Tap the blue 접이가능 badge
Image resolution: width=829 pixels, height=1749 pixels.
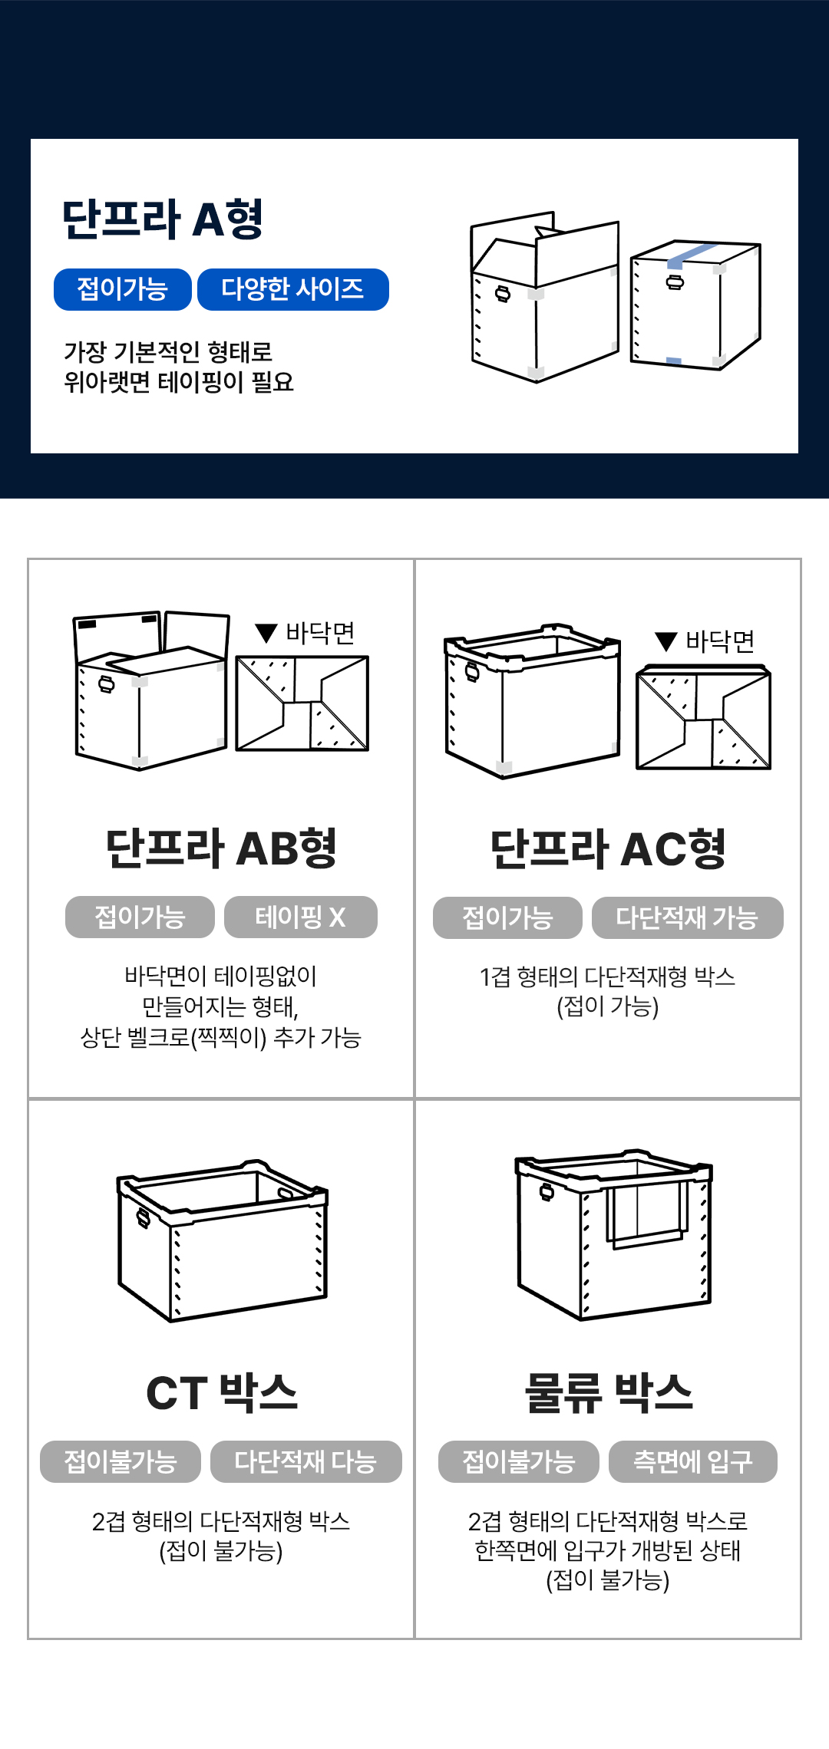point(123,289)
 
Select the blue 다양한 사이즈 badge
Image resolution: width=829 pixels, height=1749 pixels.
point(293,289)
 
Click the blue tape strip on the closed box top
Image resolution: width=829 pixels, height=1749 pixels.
point(692,254)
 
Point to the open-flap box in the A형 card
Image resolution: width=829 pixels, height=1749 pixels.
point(544,297)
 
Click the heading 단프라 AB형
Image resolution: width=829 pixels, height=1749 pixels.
point(221,848)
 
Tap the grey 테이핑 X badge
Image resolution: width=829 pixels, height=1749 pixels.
point(301,917)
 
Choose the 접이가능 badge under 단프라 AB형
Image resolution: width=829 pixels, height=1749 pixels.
point(140,917)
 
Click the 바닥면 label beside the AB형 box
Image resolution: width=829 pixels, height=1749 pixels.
point(320,633)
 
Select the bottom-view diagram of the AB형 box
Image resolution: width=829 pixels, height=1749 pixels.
point(302,703)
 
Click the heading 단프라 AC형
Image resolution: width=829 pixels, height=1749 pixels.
point(608,849)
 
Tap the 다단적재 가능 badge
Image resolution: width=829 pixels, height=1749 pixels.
point(688,917)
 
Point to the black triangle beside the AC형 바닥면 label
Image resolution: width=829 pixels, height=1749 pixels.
point(666,641)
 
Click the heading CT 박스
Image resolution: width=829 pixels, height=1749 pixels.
point(221,1393)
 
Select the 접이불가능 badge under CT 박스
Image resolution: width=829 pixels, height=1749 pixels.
point(121,1461)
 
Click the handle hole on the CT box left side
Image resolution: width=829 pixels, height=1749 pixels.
point(143,1217)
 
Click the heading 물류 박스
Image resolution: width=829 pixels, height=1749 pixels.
point(608,1393)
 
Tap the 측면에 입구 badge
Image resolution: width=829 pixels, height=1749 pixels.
point(693,1461)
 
